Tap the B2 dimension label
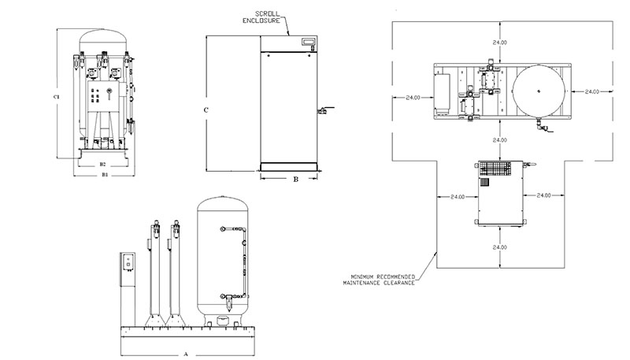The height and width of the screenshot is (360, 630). point(102,164)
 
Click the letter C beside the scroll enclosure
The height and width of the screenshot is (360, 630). point(206,110)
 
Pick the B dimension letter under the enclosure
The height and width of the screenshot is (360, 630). point(295,180)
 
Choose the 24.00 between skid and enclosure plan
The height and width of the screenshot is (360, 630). point(498,141)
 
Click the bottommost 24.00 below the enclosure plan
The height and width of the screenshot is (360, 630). point(498,247)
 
